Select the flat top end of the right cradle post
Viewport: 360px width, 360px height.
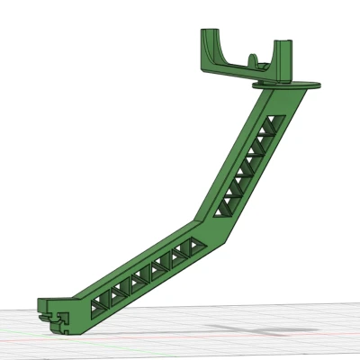tap(283, 43)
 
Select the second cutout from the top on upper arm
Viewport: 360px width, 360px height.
tap(264, 139)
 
